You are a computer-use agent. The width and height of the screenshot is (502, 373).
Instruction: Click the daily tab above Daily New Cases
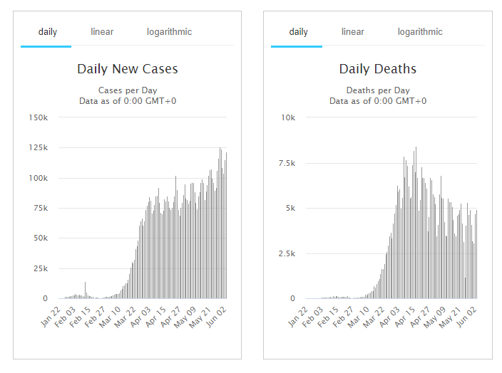48,32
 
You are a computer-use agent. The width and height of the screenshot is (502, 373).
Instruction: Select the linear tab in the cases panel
102,32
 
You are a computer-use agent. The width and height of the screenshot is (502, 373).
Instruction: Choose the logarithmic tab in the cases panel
169,32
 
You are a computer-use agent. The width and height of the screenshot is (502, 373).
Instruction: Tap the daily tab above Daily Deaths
298,32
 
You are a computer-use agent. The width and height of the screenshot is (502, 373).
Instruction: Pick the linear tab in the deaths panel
352,32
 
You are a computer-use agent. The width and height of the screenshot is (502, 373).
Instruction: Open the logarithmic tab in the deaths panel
420,32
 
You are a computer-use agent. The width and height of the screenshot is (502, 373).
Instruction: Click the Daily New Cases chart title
127,69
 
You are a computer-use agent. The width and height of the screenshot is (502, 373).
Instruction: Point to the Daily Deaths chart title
377,69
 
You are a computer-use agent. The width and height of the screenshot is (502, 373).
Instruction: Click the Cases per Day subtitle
127,90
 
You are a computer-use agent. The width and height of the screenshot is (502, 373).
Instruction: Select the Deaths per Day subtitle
377,90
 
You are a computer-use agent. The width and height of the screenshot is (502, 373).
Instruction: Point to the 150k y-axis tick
38,117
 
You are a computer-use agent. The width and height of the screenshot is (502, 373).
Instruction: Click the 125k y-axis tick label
38,148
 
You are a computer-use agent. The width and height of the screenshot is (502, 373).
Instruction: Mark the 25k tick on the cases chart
40,268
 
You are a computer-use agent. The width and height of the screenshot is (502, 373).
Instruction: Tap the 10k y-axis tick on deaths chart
288,117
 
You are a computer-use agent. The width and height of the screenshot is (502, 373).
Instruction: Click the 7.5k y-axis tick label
286,163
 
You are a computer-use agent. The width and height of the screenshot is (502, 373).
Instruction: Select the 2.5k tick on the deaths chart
286,253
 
